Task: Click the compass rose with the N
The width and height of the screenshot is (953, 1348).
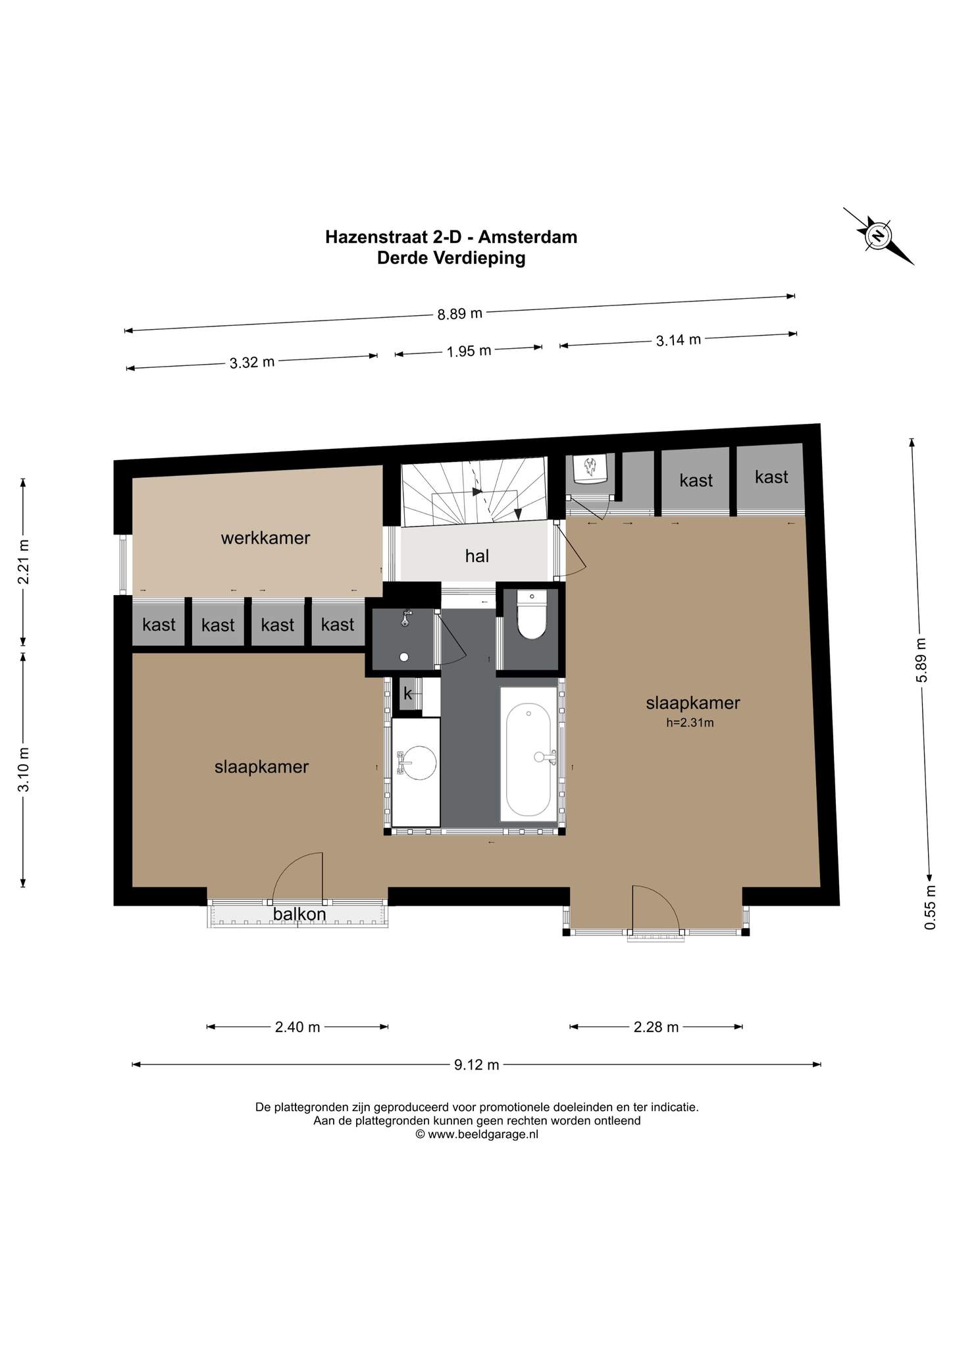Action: click(879, 236)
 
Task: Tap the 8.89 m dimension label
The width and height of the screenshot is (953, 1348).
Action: click(460, 313)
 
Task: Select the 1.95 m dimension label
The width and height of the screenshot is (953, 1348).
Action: click(469, 351)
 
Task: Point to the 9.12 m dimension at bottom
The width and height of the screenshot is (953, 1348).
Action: click(476, 1064)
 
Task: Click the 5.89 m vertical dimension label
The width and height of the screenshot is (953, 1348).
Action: click(921, 660)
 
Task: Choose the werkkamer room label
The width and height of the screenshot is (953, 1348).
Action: click(265, 538)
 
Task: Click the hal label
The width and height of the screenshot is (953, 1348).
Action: click(476, 556)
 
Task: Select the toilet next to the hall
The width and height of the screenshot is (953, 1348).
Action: click(532, 615)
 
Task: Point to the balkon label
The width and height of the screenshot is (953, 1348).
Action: click(299, 914)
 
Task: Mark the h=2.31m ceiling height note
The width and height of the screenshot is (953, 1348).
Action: click(690, 722)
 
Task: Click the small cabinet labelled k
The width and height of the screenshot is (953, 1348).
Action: click(407, 693)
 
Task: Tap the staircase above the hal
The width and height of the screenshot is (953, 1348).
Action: click(474, 491)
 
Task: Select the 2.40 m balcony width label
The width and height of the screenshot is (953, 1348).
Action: click(297, 1027)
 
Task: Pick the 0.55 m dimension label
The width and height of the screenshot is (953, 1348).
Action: click(930, 907)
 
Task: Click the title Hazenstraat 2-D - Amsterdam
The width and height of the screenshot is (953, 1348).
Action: click(451, 236)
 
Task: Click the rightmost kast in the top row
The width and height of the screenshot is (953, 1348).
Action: click(771, 477)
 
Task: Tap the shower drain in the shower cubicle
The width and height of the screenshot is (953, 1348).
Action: click(403, 656)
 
